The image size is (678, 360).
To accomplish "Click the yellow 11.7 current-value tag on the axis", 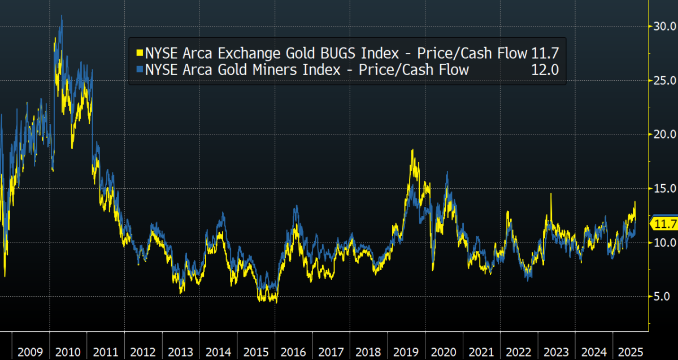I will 665,224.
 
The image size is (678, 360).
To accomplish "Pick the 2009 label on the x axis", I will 31,352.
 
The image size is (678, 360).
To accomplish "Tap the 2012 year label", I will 143,352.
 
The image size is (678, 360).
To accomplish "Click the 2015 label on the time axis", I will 255,352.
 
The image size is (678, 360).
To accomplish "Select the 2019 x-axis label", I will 406,352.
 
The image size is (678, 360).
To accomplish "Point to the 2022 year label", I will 518,352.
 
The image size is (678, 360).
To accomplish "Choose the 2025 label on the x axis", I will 630,352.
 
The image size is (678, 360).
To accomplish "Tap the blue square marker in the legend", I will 139,70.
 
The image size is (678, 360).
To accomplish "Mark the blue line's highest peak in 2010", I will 61,16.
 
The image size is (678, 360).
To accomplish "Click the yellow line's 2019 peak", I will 412,150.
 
